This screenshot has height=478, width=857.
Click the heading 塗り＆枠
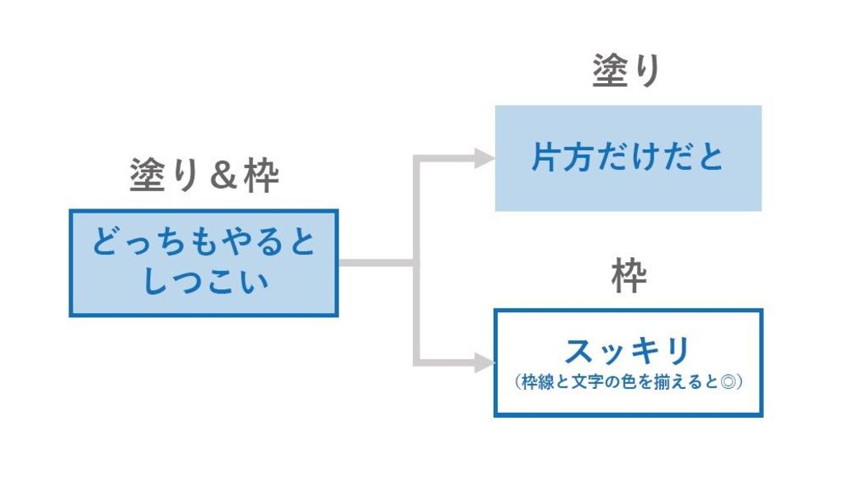point(204,176)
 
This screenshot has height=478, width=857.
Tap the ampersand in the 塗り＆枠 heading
point(223,176)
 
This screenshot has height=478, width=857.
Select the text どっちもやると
point(204,241)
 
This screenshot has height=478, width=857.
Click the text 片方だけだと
point(627,157)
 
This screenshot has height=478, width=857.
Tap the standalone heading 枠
point(629,276)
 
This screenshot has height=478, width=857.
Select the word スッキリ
point(627,351)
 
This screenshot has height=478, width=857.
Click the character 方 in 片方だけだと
point(579,157)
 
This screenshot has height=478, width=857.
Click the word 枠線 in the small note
point(538,382)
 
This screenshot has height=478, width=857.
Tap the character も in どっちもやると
point(204,241)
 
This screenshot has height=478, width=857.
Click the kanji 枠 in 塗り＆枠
point(261,176)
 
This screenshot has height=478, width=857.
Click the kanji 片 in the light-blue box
point(547,157)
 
